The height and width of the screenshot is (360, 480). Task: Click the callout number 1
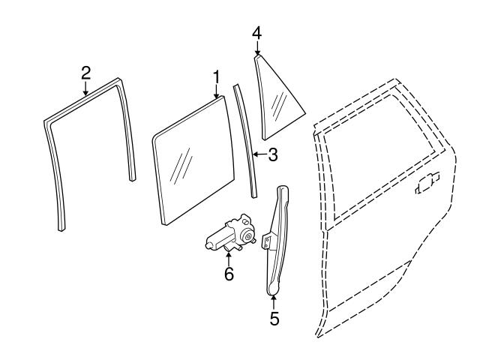tap(216, 77)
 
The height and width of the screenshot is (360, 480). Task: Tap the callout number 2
tap(85, 72)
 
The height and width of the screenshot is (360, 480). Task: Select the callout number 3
tap(272, 155)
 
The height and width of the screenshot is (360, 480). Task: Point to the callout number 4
tap(257, 33)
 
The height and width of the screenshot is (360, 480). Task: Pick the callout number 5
tap(274, 319)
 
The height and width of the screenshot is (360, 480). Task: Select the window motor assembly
tap(228, 235)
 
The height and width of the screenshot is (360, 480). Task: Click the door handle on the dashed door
tap(427, 184)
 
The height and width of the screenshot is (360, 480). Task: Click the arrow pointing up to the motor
tap(229, 259)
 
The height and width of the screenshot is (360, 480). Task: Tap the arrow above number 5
tap(274, 301)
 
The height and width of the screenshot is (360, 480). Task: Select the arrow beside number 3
tap(258, 155)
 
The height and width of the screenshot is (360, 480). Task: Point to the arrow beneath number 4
tap(257, 49)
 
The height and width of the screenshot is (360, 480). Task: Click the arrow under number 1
tap(216, 93)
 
